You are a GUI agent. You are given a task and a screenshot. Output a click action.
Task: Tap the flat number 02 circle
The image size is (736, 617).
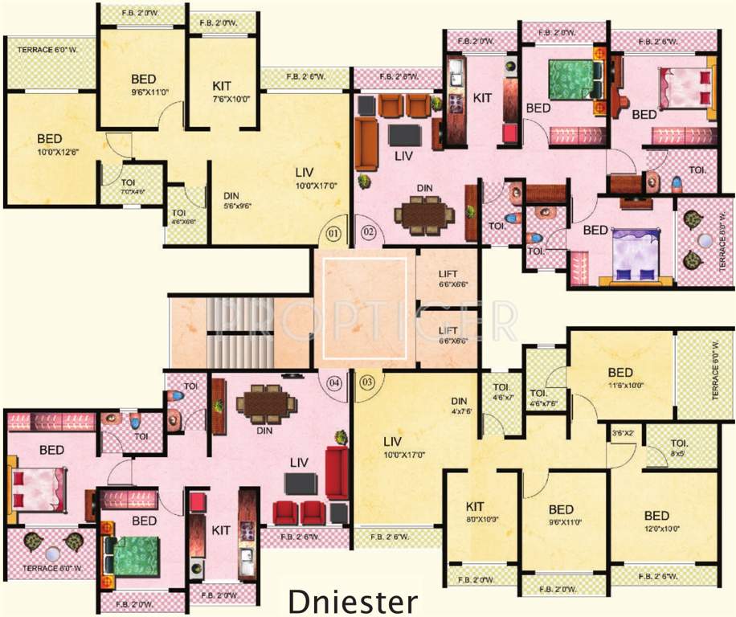tap(368, 233)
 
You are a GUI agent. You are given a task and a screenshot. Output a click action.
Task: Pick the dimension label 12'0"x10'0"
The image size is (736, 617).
tap(657, 529)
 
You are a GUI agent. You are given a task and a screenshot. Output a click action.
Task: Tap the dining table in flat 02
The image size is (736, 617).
tap(423, 215)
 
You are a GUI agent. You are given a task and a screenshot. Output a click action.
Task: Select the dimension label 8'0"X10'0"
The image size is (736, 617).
tap(482, 520)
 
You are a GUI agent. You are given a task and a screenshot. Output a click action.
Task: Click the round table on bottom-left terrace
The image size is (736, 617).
tap(52, 554)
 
